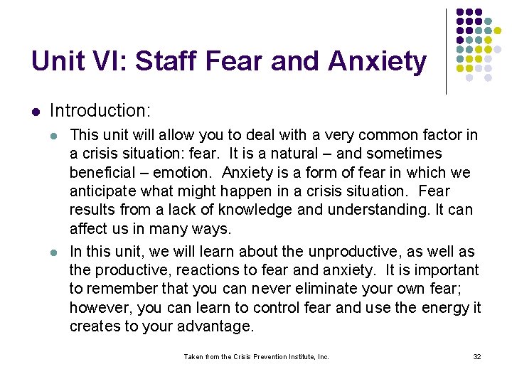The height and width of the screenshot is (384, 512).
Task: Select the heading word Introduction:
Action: [100, 111]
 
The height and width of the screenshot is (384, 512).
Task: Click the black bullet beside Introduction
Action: [35, 112]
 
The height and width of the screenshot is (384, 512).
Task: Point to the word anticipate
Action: [103, 191]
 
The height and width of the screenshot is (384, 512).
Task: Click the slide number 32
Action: [476, 356]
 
